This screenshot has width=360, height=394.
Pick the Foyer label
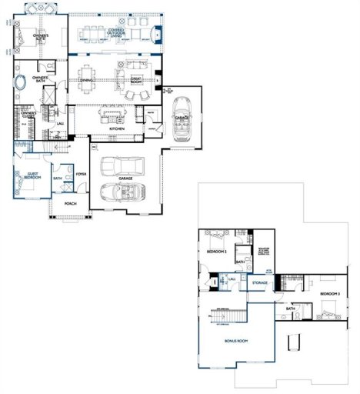pos(80,174)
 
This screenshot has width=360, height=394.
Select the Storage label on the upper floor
pos(259,282)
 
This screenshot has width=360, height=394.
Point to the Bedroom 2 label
pos(216,252)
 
